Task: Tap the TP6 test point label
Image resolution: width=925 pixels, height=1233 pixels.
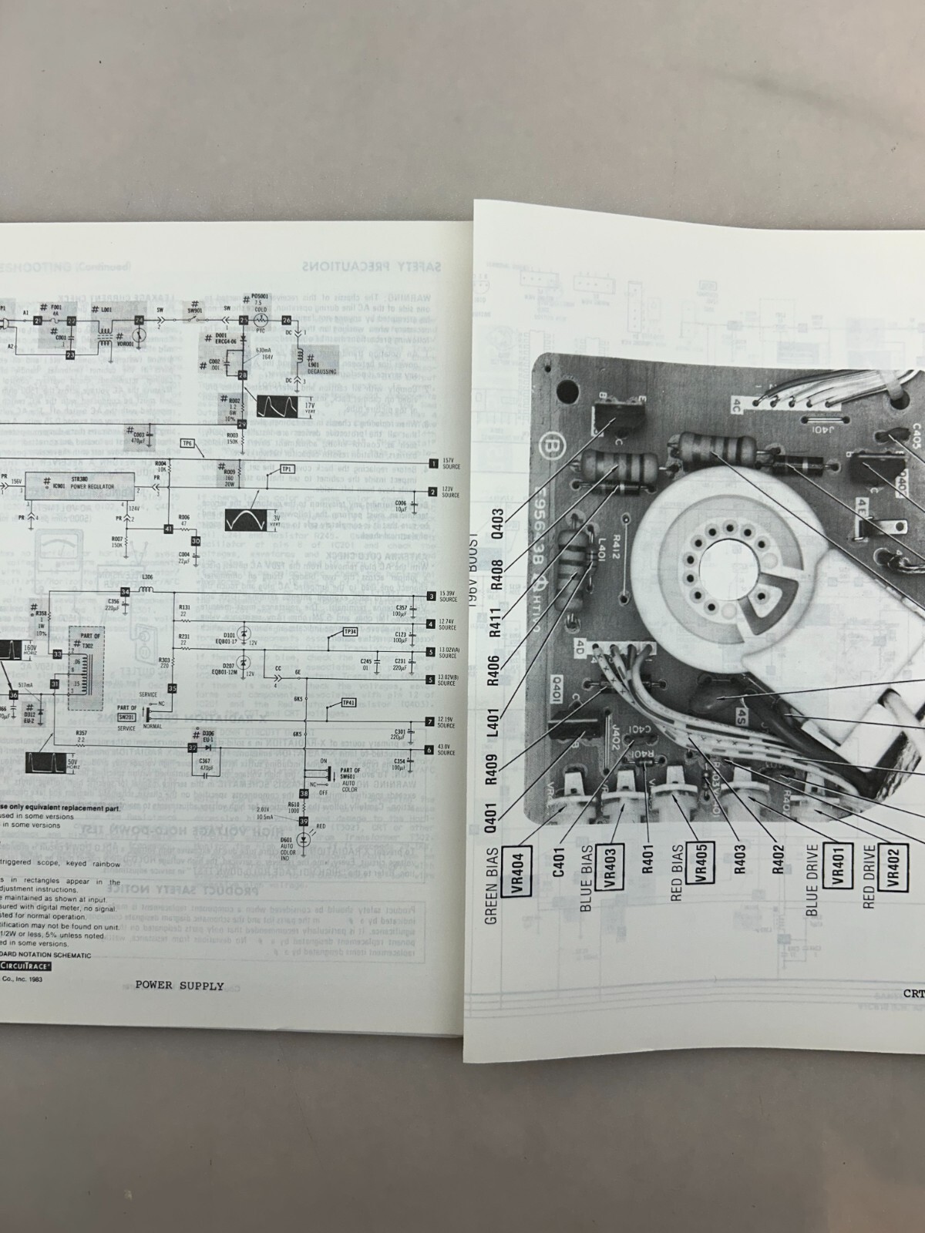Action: tap(187, 444)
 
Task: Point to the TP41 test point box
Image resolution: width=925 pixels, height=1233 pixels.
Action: tap(348, 703)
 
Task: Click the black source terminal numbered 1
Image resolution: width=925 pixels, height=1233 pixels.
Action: tap(433, 463)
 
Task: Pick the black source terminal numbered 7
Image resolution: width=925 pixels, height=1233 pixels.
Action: tap(430, 722)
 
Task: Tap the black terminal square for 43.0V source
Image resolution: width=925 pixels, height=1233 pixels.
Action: tap(430, 749)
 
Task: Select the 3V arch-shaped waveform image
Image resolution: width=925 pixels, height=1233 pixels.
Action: tap(245, 520)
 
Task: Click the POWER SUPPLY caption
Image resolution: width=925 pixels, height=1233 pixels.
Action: tap(179, 985)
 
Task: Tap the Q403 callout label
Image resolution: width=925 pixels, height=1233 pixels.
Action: tap(496, 525)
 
